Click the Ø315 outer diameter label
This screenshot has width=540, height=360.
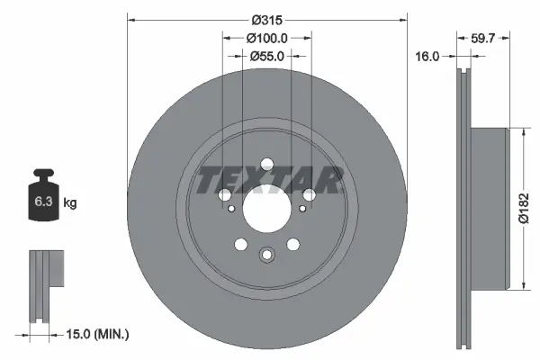click(x=267, y=20)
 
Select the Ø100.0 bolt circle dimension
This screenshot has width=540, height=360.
click(x=267, y=38)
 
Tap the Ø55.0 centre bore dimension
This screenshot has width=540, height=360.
click(x=267, y=56)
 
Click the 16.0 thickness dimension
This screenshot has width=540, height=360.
click(x=428, y=56)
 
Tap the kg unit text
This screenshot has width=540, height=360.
click(x=70, y=203)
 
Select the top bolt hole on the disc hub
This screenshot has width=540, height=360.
click(x=267, y=165)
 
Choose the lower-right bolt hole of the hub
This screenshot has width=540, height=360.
click(x=293, y=245)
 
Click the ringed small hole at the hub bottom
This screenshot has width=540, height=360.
click(x=267, y=255)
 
